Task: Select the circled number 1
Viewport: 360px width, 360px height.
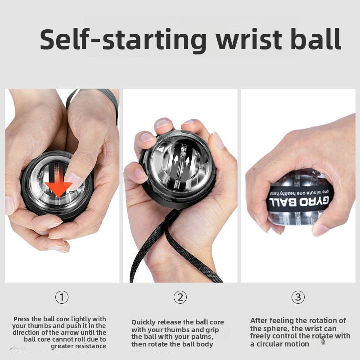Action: [62, 297]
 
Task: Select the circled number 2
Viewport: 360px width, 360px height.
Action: [180, 297]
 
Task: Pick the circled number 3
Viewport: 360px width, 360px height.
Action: [298, 297]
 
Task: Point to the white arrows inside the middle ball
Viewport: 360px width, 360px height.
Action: [180, 160]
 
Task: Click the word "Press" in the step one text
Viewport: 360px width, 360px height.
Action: [23, 319]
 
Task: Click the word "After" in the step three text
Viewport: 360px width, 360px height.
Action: [259, 320]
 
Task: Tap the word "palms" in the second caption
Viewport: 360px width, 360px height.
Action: [199, 337]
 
